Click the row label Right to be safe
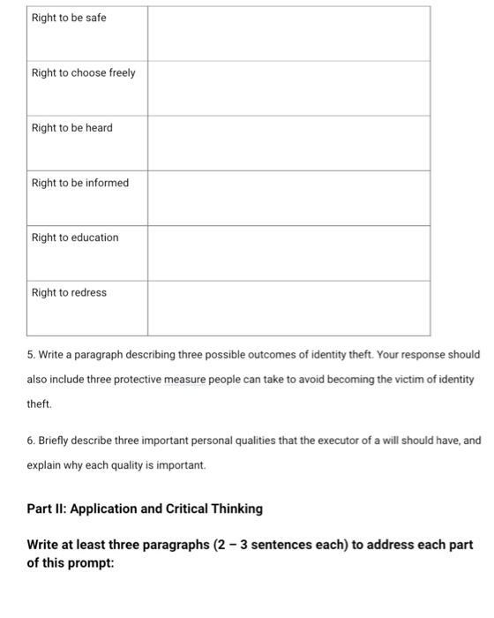[69, 18]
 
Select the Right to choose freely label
[84, 72]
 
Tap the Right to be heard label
[72, 128]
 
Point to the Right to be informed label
[80, 183]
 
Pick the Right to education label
[75, 237]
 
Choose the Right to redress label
[69, 292]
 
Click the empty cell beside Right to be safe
[288, 34]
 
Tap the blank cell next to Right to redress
[288, 307]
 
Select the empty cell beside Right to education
[288, 252]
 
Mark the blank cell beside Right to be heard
[288, 143]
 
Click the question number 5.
[31, 355]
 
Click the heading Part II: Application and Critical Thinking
[145, 509]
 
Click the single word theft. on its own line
[40, 403]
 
